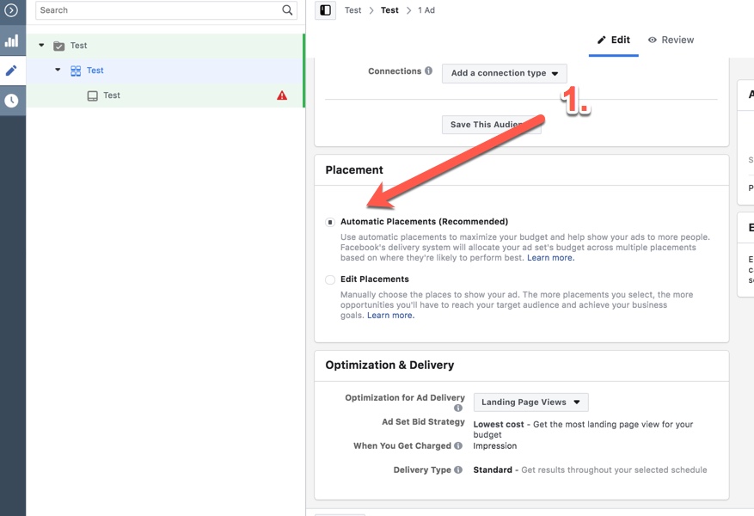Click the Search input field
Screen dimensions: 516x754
(159, 10)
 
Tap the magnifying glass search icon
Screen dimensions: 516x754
(287, 10)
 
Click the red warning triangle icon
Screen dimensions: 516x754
(282, 95)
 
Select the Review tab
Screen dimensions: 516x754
(671, 40)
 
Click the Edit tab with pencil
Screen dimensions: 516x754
(615, 40)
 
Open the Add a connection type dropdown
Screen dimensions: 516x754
(504, 73)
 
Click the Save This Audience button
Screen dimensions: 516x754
(491, 125)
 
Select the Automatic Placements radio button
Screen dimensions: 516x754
(330, 222)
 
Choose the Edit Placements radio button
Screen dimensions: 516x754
(330, 279)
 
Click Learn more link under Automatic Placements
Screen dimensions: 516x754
(550, 258)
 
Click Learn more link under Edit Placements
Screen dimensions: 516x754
(390, 316)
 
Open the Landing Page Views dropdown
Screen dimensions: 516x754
(530, 402)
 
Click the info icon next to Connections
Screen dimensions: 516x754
(428, 71)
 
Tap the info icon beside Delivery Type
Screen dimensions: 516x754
(458, 470)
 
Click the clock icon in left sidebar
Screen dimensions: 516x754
(11, 101)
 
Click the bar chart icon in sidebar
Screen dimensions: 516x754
(11, 40)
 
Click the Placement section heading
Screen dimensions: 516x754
(354, 170)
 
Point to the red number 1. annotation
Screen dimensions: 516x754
(575, 101)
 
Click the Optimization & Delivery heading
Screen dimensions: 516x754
(389, 365)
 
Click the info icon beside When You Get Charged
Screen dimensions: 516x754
(458, 446)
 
